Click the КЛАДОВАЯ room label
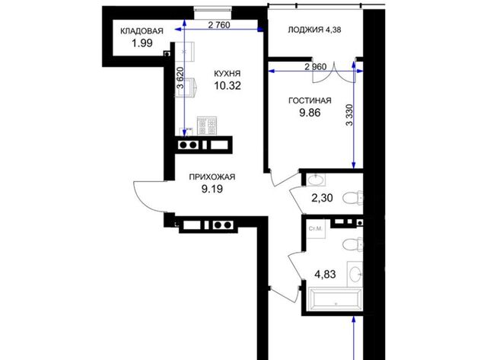click(x=142, y=31)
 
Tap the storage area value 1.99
click(x=142, y=43)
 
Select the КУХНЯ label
click(x=228, y=74)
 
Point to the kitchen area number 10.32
click(x=228, y=86)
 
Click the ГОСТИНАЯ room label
click(x=310, y=100)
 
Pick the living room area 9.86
click(x=310, y=113)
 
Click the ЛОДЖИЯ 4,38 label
click(x=314, y=30)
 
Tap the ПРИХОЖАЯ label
click(x=212, y=177)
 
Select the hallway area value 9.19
click(x=212, y=189)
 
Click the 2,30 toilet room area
click(x=322, y=198)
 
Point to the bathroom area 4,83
click(x=325, y=275)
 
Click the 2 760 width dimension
click(x=219, y=25)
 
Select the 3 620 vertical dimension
click(x=180, y=78)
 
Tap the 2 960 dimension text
click(x=316, y=67)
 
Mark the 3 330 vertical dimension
click(x=349, y=115)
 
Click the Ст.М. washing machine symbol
click(x=316, y=229)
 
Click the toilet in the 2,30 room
click(x=353, y=198)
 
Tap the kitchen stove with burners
click(x=207, y=126)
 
